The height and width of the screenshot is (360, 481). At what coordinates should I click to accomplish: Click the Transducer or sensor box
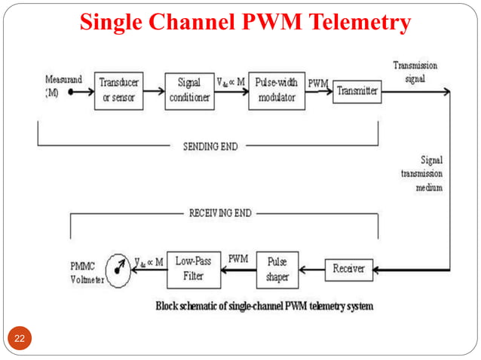click(118, 92)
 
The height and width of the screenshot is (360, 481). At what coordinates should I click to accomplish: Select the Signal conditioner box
click(188, 92)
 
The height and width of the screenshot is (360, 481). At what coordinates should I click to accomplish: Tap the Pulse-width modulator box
click(276, 92)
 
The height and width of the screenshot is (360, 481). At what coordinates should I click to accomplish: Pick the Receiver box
click(349, 269)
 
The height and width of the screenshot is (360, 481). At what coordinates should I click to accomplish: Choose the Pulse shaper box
click(277, 269)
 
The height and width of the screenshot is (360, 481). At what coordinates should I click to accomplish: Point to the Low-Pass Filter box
click(195, 269)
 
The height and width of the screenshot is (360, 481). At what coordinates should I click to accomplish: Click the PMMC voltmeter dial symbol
click(118, 267)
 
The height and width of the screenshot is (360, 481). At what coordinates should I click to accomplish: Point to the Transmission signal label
click(415, 72)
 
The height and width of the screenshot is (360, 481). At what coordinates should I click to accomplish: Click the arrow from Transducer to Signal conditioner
click(154, 92)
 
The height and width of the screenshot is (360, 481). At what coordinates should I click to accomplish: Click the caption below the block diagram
click(264, 307)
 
